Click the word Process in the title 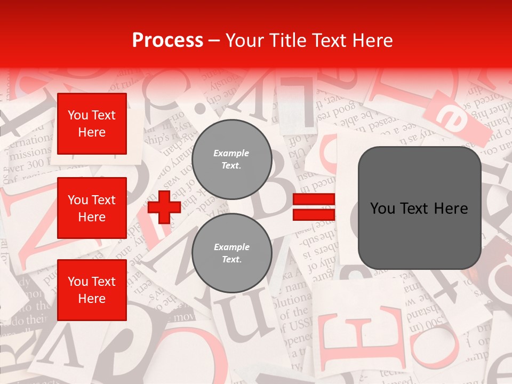click(x=167, y=40)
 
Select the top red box click(x=92, y=124)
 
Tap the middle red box click(x=92, y=208)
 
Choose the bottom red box click(x=92, y=290)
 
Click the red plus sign click(x=164, y=206)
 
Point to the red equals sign click(x=314, y=207)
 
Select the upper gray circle click(x=232, y=159)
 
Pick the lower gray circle click(x=232, y=253)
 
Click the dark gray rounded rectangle click(x=419, y=208)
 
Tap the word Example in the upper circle click(x=231, y=153)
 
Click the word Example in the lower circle click(x=231, y=247)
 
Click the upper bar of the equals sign click(x=314, y=199)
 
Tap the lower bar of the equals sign click(x=314, y=214)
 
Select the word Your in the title click(x=245, y=40)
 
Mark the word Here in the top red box click(x=92, y=132)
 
